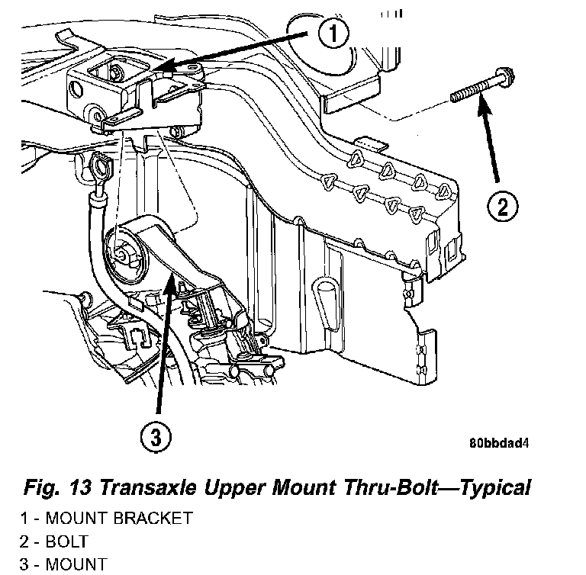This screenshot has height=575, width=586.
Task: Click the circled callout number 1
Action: pos(330,33)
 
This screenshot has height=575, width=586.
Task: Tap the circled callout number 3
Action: pos(156,438)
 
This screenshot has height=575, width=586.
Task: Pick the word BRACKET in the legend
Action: pos(153,519)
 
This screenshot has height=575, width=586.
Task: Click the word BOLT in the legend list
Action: pos(67,542)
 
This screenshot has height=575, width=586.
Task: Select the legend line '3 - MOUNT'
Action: pos(64,565)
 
